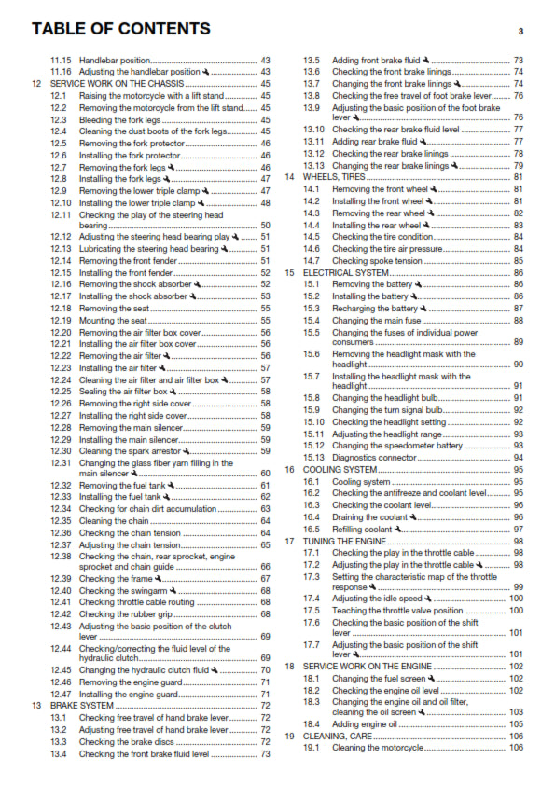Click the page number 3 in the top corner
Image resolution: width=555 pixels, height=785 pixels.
click(x=520, y=31)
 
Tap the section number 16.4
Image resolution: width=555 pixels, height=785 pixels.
click(x=313, y=516)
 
